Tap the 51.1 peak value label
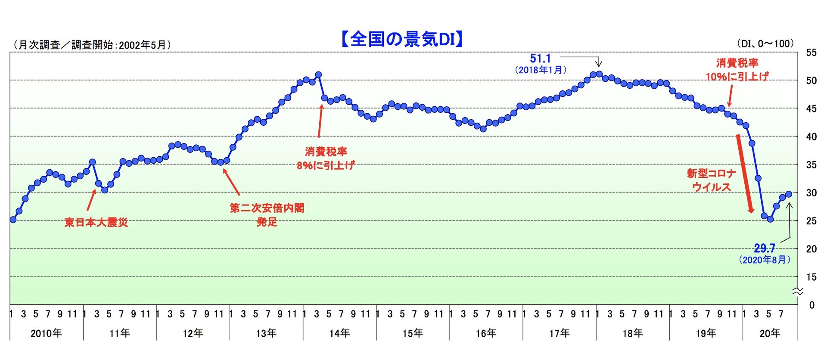tap(540, 59)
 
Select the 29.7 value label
tap(764, 248)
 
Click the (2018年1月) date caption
tap(541, 70)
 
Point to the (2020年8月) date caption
tap(765, 260)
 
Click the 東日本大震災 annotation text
tap(96, 222)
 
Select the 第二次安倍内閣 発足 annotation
tap(267, 215)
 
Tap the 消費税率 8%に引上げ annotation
tap(326, 158)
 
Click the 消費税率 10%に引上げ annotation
tap(737, 70)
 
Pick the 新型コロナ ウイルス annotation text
tap(712, 180)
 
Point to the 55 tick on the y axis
tap(811, 53)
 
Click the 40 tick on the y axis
tap(811, 137)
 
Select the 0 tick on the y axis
tap(812, 305)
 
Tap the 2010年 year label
tap(46, 333)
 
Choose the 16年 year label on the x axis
tap(486, 333)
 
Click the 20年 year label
tap(770, 333)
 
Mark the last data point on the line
tap(789, 194)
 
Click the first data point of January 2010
tap(13, 220)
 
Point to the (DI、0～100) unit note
tap(765, 43)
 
